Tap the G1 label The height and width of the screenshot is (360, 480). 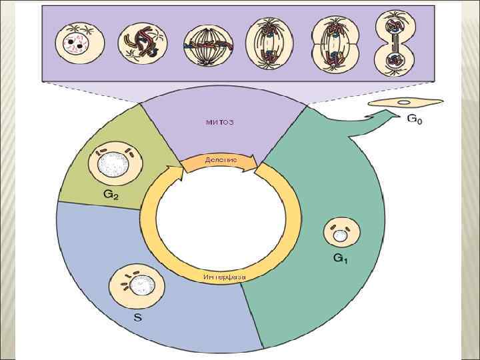point(340,258)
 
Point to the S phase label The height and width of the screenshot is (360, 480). point(137,318)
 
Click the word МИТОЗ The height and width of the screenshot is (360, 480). point(220,123)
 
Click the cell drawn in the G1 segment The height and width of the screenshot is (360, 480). point(342,233)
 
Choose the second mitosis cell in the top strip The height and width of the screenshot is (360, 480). point(139,44)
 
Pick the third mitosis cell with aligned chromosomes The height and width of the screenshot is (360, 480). point(203,45)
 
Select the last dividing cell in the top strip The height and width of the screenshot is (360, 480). point(395,43)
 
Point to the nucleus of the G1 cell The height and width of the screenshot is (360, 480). point(341,235)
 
